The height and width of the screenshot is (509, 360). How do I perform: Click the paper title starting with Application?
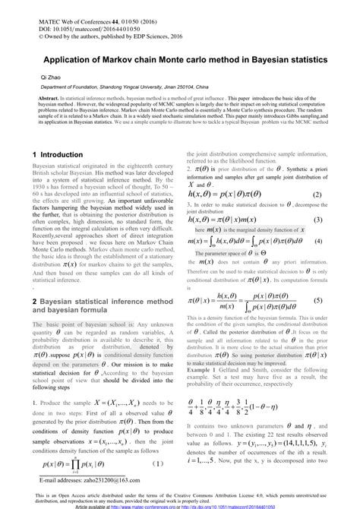pos(179,58)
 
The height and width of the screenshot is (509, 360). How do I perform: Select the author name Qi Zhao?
pos(50,77)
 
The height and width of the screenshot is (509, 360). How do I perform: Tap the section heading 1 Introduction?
pos(57,154)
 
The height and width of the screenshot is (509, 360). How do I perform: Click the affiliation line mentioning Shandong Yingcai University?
pos(141,87)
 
